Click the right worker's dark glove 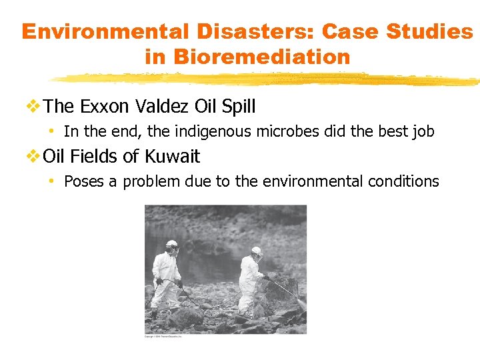[265, 277]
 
